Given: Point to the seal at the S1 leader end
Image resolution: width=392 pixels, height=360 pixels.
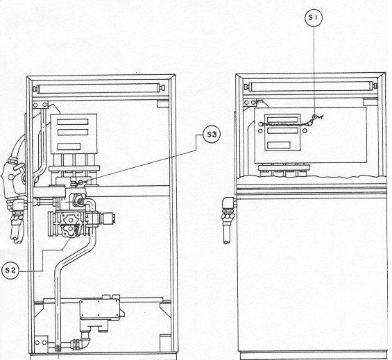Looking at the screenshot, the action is pyautogui.click(x=318, y=117).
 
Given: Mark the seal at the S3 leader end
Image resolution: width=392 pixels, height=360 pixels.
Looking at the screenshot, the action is pyautogui.click(x=81, y=182).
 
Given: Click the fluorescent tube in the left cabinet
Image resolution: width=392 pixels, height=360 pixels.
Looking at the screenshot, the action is pyautogui.click(x=101, y=89).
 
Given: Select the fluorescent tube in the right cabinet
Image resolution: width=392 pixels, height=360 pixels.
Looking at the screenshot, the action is pyautogui.click(x=311, y=87).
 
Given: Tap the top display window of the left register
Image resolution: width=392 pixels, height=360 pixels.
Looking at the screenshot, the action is pyautogui.click(x=72, y=122).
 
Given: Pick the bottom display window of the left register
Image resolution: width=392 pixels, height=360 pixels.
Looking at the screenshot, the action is pyautogui.click(x=69, y=146).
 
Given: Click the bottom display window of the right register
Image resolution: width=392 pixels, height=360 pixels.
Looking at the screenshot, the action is pyautogui.click(x=279, y=145).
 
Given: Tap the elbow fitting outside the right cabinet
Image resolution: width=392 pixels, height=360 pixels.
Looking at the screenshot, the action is pyautogui.click(x=228, y=203).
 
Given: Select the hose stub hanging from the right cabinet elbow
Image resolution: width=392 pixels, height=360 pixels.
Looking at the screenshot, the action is pyautogui.click(x=227, y=230).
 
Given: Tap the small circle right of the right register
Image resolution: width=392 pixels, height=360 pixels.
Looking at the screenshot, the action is pyautogui.click(x=305, y=130).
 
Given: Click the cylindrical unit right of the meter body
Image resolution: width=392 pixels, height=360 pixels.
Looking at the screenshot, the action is pyautogui.click(x=108, y=218).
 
